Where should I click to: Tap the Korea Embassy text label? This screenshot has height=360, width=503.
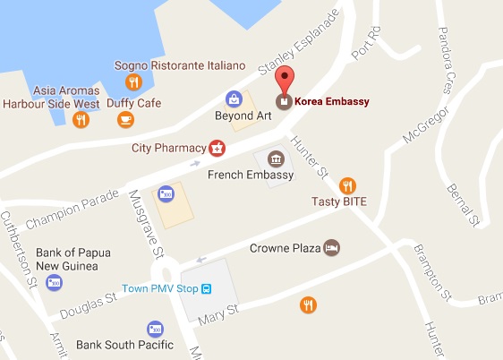pos(332,101)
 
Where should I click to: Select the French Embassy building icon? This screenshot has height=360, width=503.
pos(275,159)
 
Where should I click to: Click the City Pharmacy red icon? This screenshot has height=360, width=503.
pos(216,146)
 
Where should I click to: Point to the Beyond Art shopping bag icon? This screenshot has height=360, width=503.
pos(234,98)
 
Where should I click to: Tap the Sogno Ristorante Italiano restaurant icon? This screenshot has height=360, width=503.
pos(133,83)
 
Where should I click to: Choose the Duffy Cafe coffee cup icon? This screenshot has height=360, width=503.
pos(124,119)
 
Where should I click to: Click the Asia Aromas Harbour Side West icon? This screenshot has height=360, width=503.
pos(81,119)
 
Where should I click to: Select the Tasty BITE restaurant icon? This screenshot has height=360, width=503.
pos(349,185)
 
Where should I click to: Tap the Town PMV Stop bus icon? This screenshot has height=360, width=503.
pos(207,288)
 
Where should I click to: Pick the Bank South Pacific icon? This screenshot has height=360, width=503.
pos(155,329)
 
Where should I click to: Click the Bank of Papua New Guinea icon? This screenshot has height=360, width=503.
pos(55,282)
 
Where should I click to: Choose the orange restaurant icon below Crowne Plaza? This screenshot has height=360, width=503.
pos(308,304)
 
